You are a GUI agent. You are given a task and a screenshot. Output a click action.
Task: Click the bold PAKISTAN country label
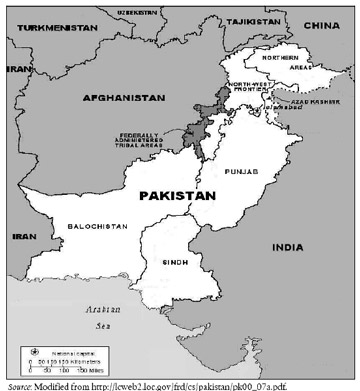(179, 196)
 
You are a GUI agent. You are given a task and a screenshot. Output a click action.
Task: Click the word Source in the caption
(16, 384)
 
